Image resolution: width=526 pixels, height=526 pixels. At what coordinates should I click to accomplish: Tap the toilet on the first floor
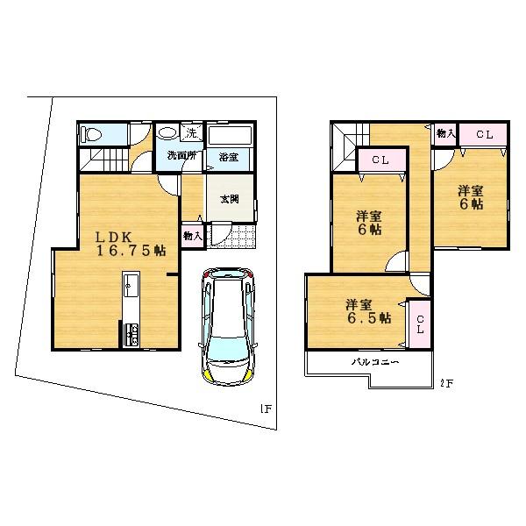(91, 134)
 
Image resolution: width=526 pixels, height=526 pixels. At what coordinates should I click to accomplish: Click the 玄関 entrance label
(224, 196)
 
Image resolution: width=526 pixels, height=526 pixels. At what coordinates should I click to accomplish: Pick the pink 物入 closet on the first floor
(193, 235)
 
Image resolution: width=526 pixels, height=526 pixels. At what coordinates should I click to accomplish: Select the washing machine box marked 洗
(192, 133)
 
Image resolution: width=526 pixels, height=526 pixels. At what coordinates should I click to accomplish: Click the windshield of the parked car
(226, 353)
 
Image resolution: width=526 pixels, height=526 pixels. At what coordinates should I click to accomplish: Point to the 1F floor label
(265, 407)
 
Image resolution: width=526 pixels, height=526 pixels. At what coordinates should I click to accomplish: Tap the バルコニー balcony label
(376, 361)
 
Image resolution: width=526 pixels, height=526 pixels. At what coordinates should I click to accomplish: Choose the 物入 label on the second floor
(445, 134)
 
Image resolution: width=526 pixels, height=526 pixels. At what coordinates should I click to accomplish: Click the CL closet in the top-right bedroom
(485, 134)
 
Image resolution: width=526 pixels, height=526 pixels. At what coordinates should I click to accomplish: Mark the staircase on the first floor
(101, 160)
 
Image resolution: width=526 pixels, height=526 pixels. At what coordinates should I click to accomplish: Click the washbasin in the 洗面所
(167, 135)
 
